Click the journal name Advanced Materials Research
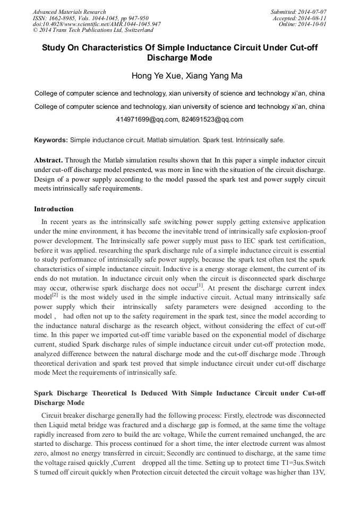click(x=70, y=12)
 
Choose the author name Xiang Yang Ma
click(x=209, y=76)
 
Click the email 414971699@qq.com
click(x=146, y=119)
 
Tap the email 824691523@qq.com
click(x=212, y=119)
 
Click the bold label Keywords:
click(x=51, y=140)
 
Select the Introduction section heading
click(x=54, y=209)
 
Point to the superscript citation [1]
click(x=200, y=285)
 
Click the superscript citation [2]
click(x=55, y=295)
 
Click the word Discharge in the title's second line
click(x=179, y=58)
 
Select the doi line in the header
click(x=97, y=24)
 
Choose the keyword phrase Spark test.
click(x=217, y=140)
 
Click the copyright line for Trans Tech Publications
click(x=93, y=30)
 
